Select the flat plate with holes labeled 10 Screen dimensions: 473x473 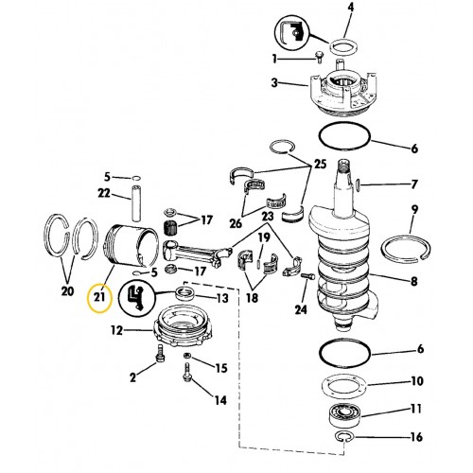point(345,383)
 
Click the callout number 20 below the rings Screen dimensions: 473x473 point(66,290)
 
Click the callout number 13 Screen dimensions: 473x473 point(222,298)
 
